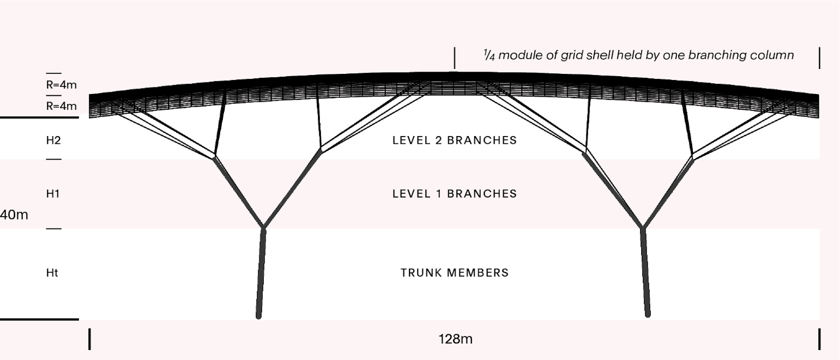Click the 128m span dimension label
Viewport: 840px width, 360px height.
455,339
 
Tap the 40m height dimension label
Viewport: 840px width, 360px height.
14,215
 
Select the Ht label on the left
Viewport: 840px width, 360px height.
52,273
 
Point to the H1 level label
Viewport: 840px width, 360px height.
53,194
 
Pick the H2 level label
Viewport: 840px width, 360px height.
53,140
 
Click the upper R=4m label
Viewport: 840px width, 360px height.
61,86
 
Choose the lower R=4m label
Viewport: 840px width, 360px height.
61,106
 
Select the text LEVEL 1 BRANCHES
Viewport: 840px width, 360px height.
454,194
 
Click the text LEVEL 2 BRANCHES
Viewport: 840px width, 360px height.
454,140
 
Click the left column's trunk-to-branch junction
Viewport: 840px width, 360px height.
264,228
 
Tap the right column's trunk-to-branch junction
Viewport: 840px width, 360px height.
643,228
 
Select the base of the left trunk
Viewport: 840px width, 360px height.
259,316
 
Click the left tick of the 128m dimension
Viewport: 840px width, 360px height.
90,339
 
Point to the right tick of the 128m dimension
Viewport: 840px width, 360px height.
820,339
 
